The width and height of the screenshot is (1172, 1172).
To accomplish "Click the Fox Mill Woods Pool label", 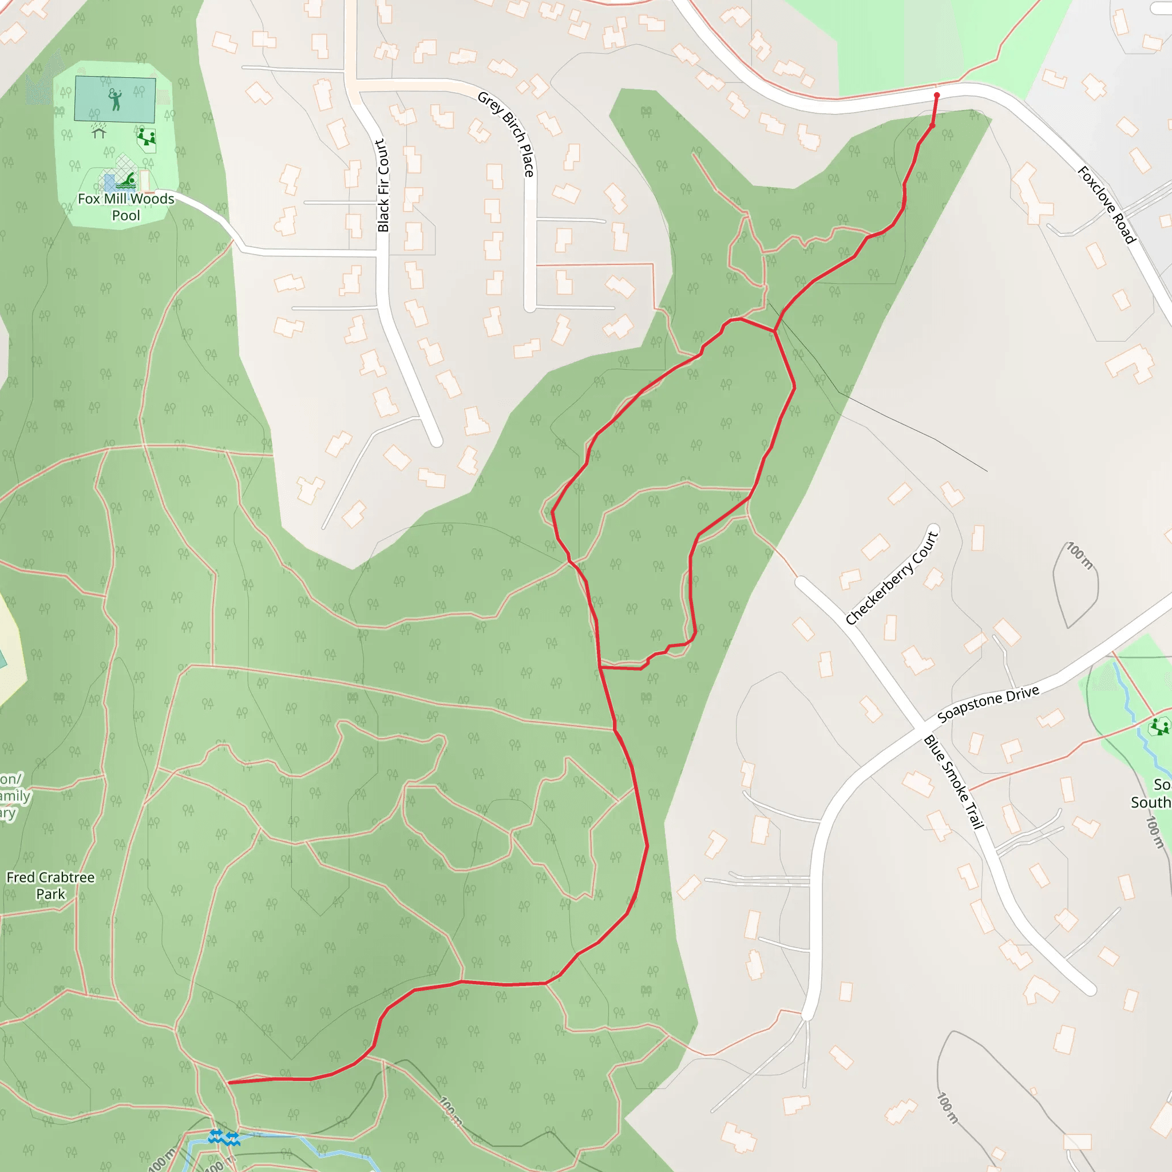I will pyautogui.click(x=125, y=207).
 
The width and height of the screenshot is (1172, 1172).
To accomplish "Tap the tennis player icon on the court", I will pyautogui.click(x=114, y=99).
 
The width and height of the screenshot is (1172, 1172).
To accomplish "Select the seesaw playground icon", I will pyautogui.click(x=145, y=137).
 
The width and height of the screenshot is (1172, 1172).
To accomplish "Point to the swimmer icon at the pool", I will pyautogui.click(x=128, y=180).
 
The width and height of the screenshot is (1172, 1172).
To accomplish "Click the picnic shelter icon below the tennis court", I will pyautogui.click(x=99, y=132).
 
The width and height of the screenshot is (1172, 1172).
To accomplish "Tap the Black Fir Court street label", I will pyautogui.click(x=382, y=185).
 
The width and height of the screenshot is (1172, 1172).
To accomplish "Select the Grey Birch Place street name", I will pyautogui.click(x=506, y=134).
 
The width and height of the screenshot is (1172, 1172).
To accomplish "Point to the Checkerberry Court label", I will pyautogui.click(x=892, y=578).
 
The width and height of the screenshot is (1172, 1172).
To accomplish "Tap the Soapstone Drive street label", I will pyautogui.click(x=988, y=704).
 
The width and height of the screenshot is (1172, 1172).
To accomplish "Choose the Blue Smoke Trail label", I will pyautogui.click(x=953, y=782).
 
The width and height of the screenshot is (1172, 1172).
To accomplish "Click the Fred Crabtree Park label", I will pyautogui.click(x=50, y=885).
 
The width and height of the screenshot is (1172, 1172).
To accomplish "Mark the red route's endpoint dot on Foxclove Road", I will pyautogui.click(x=937, y=95).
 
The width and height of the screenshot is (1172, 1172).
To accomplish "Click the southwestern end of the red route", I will pyautogui.click(x=229, y=1082).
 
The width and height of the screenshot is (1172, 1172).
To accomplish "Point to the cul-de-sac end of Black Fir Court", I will pyautogui.click(x=435, y=441).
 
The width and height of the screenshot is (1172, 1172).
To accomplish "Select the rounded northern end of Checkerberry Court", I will pyautogui.click(x=933, y=529).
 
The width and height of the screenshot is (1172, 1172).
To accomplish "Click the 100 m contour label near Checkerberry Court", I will pyautogui.click(x=1080, y=556).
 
